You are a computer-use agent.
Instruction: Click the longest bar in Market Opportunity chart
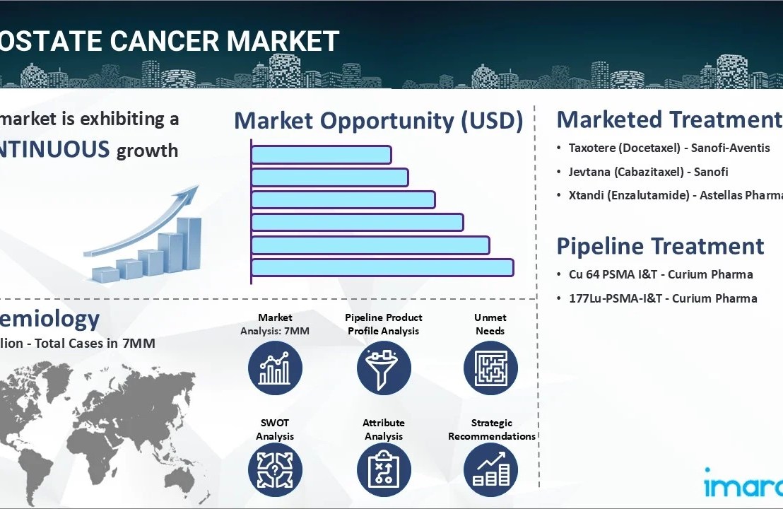click(x=382, y=268)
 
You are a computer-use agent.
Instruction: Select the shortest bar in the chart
click(x=321, y=155)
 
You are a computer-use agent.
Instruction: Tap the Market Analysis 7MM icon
click(x=275, y=368)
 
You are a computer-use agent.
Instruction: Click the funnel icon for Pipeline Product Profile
click(x=384, y=368)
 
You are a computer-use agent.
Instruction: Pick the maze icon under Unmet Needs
click(x=490, y=368)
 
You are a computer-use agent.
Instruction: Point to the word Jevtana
click(x=590, y=172)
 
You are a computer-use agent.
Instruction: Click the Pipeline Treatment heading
click(x=660, y=246)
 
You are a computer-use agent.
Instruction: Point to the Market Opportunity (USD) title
click(x=378, y=121)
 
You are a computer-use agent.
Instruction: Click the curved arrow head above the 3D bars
click(x=190, y=193)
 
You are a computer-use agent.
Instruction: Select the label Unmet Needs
click(x=490, y=324)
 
